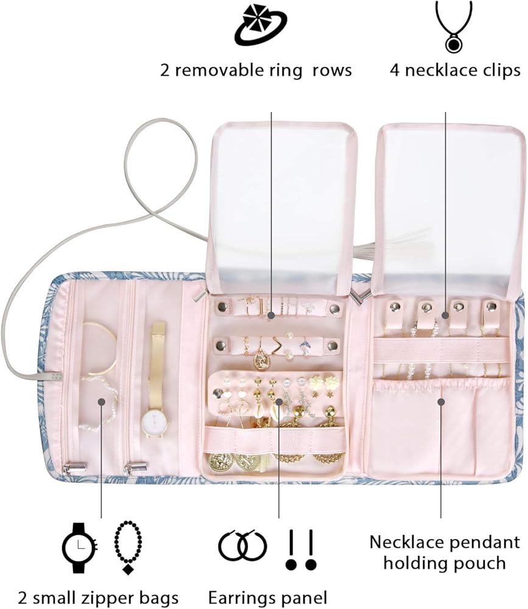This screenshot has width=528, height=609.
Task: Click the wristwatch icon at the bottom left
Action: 80,546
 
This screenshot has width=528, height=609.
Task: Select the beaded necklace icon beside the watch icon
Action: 128,546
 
